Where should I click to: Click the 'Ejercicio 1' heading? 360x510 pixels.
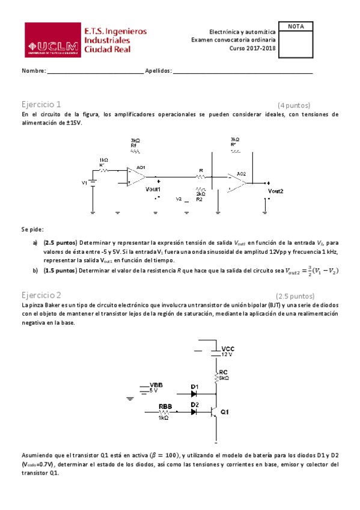pos(41,103)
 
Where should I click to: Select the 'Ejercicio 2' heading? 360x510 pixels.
pos(41,295)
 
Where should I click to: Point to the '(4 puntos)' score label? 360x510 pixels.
pos(294,104)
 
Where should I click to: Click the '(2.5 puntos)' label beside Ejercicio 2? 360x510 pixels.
pos(294,296)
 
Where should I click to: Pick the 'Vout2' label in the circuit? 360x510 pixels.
pos(275,191)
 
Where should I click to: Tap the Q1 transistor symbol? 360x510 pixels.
pos(215,412)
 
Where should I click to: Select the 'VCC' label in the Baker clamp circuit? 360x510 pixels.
pos(228,348)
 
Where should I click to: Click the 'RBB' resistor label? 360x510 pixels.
pos(165,406)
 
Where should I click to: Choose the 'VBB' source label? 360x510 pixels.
pos(156,384)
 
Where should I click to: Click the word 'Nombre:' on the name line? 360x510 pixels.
pos(34,71)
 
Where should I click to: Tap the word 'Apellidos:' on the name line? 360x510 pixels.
pos(159,71)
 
